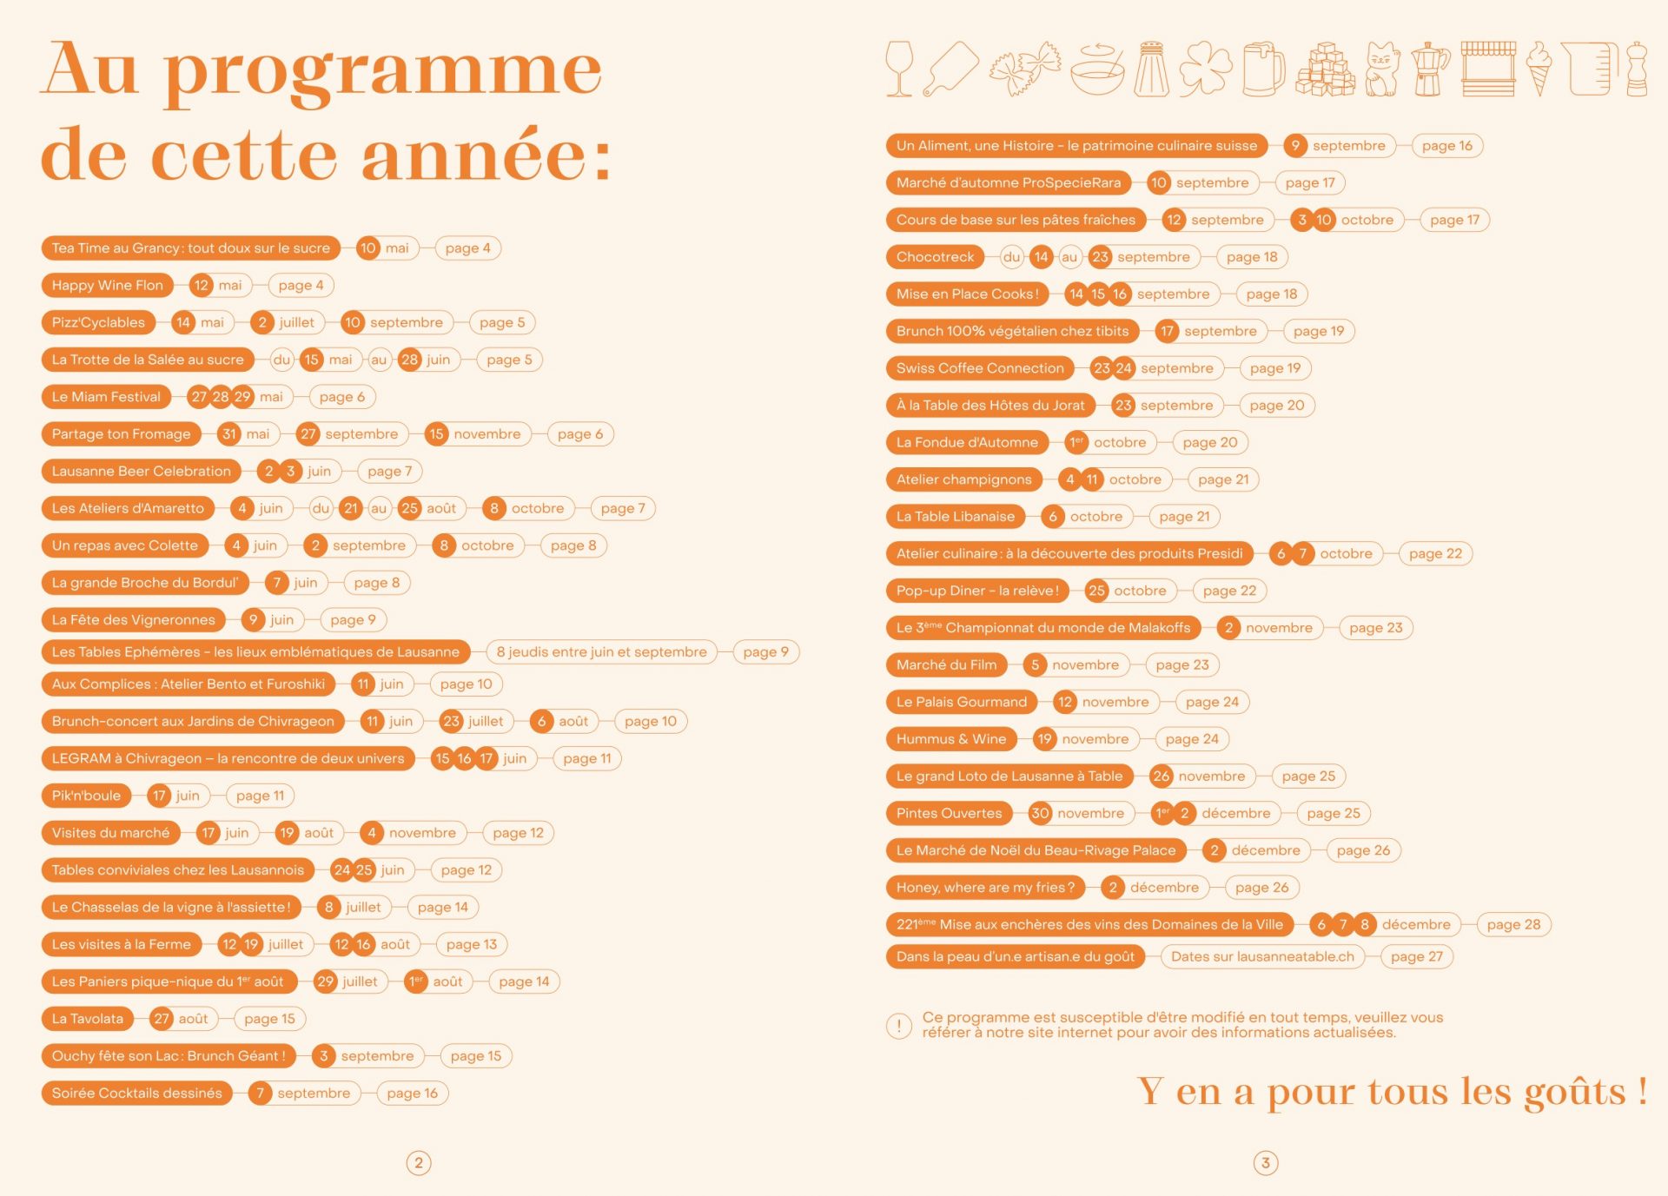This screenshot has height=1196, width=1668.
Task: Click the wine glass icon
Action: [x=899, y=68]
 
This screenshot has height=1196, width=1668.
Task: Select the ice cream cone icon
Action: [x=1539, y=69]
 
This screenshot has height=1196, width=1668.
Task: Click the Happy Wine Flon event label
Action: [x=107, y=285]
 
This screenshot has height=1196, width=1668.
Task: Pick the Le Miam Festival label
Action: [x=106, y=397]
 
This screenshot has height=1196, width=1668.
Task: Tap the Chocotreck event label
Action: [x=935, y=257]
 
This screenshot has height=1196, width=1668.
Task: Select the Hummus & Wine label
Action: [x=950, y=739]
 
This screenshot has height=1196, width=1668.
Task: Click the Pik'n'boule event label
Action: [x=86, y=796]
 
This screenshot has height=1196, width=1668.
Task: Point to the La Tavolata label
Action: [x=87, y=1019]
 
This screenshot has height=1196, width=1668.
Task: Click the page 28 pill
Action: [x=1512, y=925]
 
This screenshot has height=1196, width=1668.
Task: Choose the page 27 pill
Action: [x=1416, y=956]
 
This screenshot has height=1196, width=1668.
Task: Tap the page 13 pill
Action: [x=471, y=944]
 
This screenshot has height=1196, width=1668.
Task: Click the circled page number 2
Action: [x=419, y=1163]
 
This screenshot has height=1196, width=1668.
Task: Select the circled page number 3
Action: [x=1266, y=1163]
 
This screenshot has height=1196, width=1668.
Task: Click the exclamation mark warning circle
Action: [x=898, y=1026]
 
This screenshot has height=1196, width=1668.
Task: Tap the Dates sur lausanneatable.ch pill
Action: [x=1261, y=956]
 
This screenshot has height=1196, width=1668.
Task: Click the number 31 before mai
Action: [x=229, y=434]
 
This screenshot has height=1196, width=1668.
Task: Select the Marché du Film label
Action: [x=946, y=665]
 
